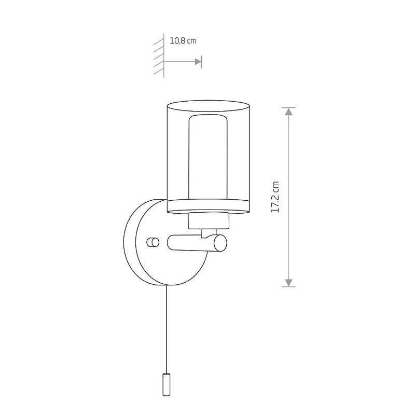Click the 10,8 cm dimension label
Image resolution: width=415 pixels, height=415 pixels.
coord(183,41)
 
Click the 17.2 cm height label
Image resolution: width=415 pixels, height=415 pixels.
coord(275,197)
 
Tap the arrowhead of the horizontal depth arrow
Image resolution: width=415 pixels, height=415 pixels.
coord(198,62)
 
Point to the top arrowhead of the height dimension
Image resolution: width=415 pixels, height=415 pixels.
coord(289,112)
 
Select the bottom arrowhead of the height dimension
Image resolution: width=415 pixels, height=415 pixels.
coord(289,283)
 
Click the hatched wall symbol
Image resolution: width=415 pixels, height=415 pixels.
coord(159,56)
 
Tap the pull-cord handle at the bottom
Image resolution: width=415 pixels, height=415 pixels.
coord(166,384)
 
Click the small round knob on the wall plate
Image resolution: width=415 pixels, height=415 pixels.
coord(153,242)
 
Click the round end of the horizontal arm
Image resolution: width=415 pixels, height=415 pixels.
coord(220,242)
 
